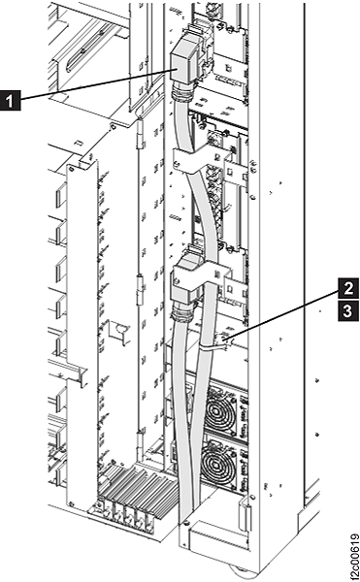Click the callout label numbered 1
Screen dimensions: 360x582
tap(11, 101)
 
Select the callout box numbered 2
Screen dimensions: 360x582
tap(347, 288)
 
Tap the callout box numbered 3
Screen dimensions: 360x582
tap(347, 310)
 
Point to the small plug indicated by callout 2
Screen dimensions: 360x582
tap(225, 339)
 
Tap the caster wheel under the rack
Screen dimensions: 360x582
tap(237, 570)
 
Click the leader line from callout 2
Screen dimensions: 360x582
tap(283, 315)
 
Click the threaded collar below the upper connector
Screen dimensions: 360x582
tap(181, 96)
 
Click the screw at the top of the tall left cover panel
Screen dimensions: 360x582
tap(72, 169)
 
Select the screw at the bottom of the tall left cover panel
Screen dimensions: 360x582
tap(72, 503)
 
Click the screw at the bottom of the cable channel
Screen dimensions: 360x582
tap(185, 523)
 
